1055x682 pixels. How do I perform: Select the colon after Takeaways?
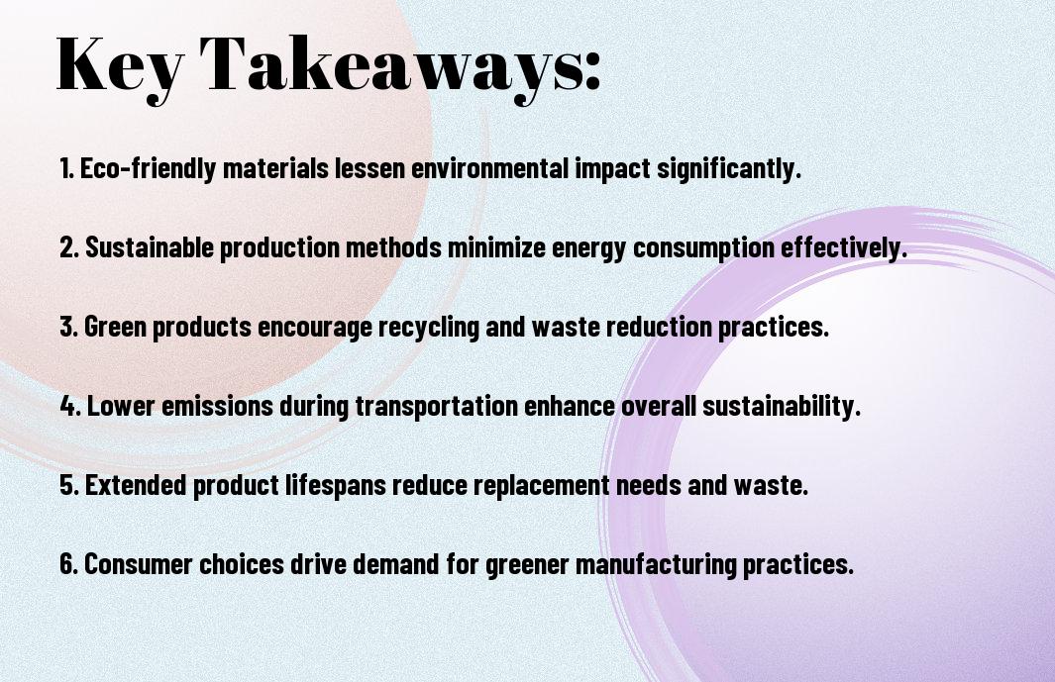pyautogui.click(x=592, y=72)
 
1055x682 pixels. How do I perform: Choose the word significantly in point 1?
pyautogui.click(x=729, y=168)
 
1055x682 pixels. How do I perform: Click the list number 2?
pyautogui.click(x=69, y=247)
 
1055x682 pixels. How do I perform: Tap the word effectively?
pyautogui.click(x=844, y=247)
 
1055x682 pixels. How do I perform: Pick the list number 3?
pyautogui.click(x=69, y=327)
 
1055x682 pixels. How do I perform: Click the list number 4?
pyautogui.click(x=70, y=406)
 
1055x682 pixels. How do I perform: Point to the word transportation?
pyautogui.click(x=437, y=406)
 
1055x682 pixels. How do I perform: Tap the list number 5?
pyautogui.click(x=69, y=484)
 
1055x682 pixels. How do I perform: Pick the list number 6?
pyautogui.click(x=69, y=563)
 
